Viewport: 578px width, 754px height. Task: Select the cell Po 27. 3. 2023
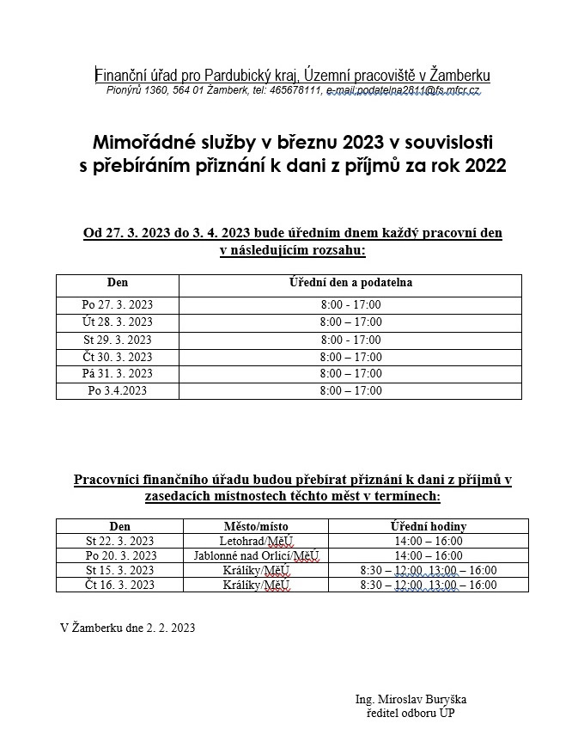pos(117,304)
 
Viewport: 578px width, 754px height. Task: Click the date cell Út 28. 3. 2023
pos(117,322)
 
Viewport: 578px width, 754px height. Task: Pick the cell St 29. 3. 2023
pos(117,340)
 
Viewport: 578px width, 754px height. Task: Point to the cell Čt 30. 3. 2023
pos(117,357)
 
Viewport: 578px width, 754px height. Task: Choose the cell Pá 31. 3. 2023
pos(117,373)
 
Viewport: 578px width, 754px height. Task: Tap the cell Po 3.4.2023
pos(117,390)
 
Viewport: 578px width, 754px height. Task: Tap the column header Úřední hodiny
pos(429,526)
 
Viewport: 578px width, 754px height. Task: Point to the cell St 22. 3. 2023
pos(120,541)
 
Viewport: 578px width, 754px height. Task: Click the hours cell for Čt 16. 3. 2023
pos(429,585)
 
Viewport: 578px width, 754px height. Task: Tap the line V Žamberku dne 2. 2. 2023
pos(128,628)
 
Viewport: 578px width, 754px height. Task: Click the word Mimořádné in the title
pos(137,141)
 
